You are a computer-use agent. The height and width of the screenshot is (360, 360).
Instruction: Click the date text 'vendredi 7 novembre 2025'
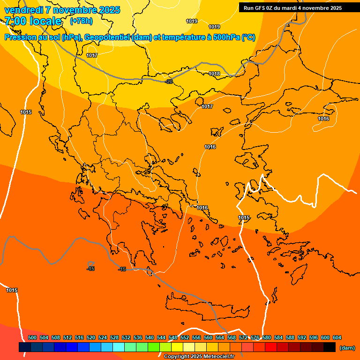tap(62, 10)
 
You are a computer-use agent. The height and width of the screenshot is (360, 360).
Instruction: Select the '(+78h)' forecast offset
tap(81, 21)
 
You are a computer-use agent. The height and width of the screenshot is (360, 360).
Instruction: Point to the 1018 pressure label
tap(214, 74)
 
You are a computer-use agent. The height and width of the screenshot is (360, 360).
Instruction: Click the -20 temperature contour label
tap(169, 82)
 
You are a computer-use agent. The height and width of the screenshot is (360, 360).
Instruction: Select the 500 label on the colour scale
tap(32, 337)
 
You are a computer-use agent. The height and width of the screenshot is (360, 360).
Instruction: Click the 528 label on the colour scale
tap(114, 337)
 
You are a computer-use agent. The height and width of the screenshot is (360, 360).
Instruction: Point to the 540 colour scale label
tap(150, 337)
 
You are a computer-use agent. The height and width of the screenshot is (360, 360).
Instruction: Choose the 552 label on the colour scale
tap(185, 337)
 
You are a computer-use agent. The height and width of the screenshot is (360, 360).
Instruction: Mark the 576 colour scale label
tap(255, 337)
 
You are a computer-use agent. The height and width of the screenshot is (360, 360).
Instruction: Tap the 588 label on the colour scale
tap(290, 337)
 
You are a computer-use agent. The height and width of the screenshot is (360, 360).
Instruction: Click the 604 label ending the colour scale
tap(337, 337)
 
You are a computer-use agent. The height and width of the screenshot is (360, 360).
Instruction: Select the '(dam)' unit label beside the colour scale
tap(347, 348)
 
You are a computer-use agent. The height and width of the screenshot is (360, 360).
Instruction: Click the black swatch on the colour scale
tap(330, 347)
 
